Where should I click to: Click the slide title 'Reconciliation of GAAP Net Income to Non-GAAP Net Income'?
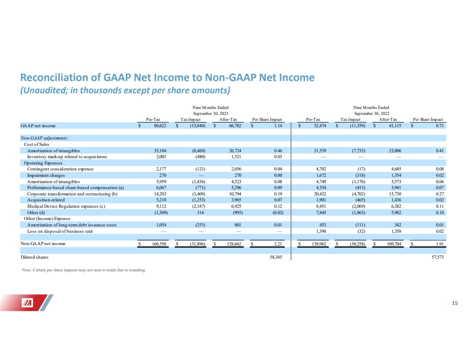coord(167,77)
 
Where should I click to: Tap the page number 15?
coord(455,303)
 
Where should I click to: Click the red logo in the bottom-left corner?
coord(27,303)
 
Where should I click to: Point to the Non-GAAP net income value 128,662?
coord(234,244)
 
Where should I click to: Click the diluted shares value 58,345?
coord(276,257)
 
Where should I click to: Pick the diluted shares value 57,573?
coord(438,257)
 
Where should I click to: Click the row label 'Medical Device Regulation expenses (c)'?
coord(66,206)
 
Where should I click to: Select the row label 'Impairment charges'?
coord(46,175)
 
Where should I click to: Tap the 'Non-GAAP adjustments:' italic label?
coord(44,138)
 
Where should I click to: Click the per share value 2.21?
coord(278,244)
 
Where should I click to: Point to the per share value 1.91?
coord(440,244)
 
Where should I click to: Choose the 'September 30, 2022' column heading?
coord(372,113)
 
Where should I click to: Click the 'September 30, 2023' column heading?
coord(211,113)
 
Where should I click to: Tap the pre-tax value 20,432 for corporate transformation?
coord(320,194)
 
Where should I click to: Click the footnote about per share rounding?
coord(84,270)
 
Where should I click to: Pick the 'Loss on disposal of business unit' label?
coord(60,231)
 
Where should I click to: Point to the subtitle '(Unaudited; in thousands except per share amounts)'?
coord(125,90)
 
